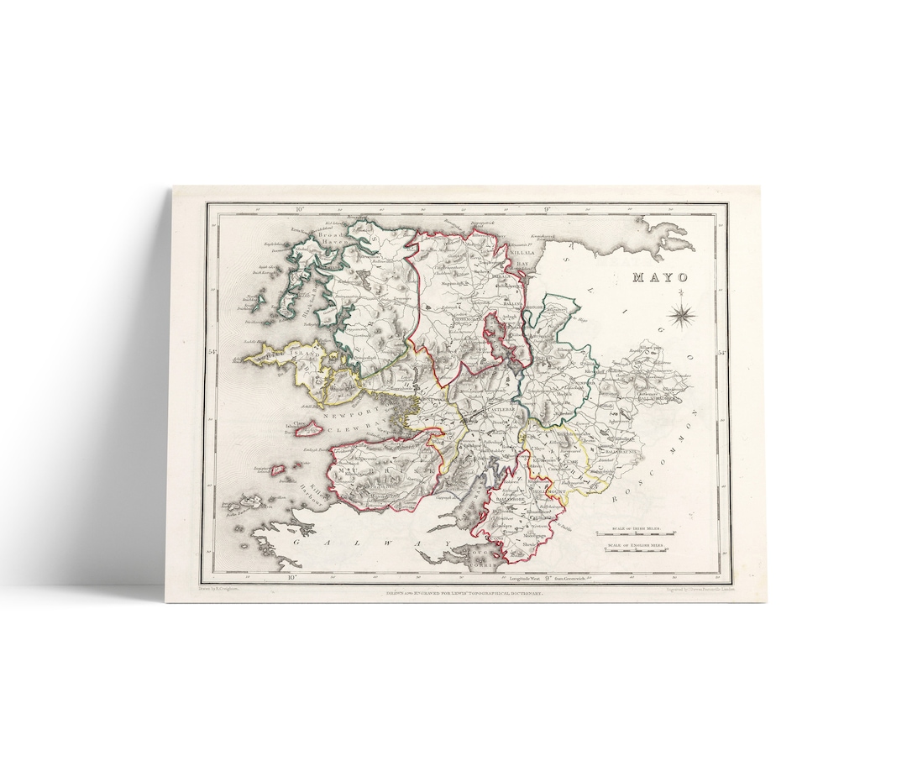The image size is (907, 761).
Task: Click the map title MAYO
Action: (659, 277)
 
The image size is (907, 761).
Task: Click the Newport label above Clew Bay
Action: (345, 415)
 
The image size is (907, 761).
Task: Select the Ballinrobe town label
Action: (490, 498)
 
